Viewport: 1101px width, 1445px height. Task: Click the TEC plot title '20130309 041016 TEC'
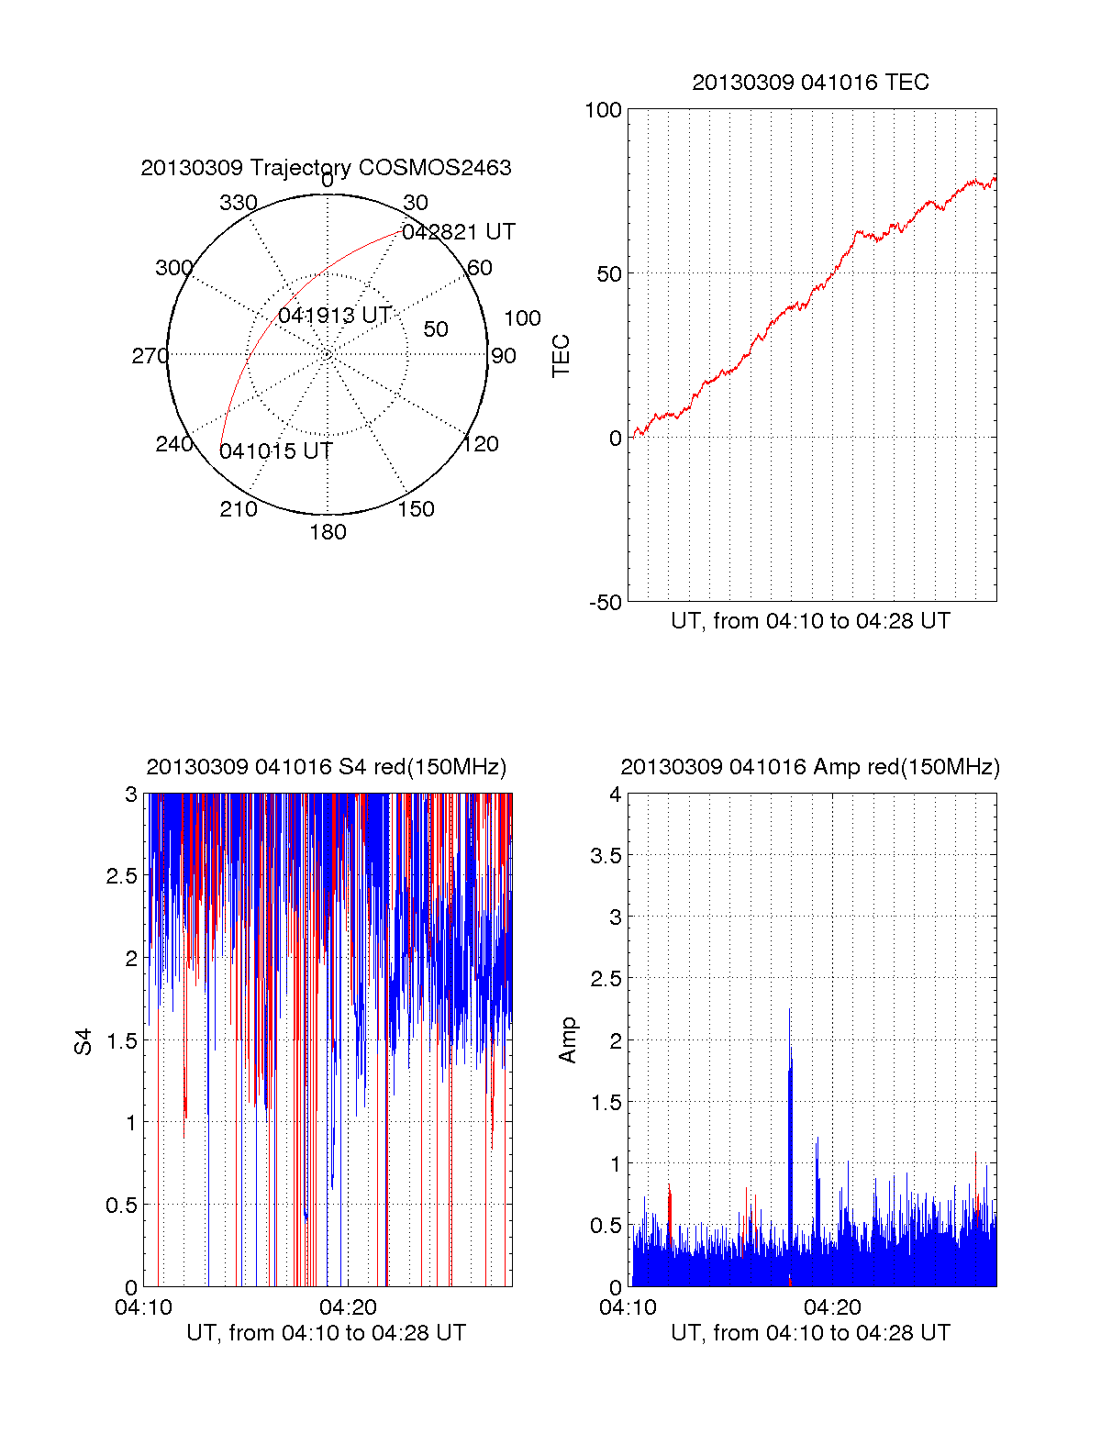(x=810, y=83)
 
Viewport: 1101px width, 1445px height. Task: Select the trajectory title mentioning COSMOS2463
(x=326, y=168)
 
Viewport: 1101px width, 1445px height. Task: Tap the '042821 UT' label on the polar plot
(x=459, y=232)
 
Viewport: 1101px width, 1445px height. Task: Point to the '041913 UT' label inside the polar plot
(x=335, y=316)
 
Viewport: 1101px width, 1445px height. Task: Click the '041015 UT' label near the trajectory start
(x=275, y=451)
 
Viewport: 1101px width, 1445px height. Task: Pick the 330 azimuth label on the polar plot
(x=239, y=203)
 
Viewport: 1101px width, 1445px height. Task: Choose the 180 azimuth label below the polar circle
(x=328, y=532)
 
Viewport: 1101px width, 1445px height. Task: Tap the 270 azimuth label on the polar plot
(x=150, y=356)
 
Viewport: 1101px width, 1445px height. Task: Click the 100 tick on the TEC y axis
(x=603, y=111)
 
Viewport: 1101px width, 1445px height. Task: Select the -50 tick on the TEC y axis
(x=605, y=603)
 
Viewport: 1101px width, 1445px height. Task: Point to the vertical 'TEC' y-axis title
(x=561, y=356)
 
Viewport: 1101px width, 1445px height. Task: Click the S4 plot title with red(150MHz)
(x=326, y=767)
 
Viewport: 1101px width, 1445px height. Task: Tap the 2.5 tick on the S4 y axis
(x=122, y=876)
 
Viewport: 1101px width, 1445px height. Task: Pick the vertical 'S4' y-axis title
(x=83, y=1041)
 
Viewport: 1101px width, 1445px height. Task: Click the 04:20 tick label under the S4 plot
(x=348, y=1307)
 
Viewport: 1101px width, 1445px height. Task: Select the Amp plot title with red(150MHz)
(x=810, y=767)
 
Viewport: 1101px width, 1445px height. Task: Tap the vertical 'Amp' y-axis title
(x=568, y=1040)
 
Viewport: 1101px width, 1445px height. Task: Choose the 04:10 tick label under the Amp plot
(x=628, y=1307)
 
